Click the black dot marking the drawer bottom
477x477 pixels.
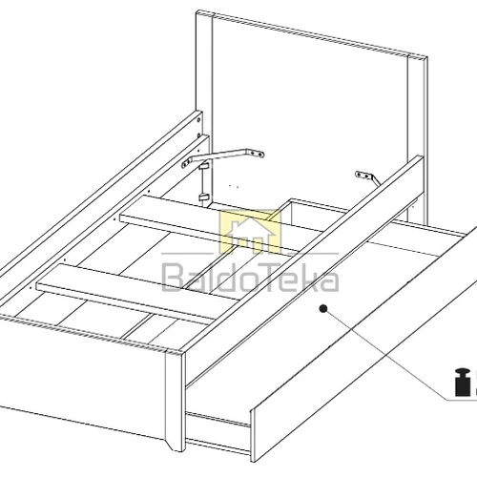(323, 308)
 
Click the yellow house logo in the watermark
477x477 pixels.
(251, 232)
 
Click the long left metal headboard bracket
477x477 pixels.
(222, 156)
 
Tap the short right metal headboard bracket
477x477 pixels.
(368, 177)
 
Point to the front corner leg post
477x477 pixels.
(175, 401)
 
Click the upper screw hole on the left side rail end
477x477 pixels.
(198, 120)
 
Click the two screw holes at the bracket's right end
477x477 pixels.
(258, 154)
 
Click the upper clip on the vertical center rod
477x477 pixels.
(204, 166)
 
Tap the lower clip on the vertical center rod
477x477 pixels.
(204, 197)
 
